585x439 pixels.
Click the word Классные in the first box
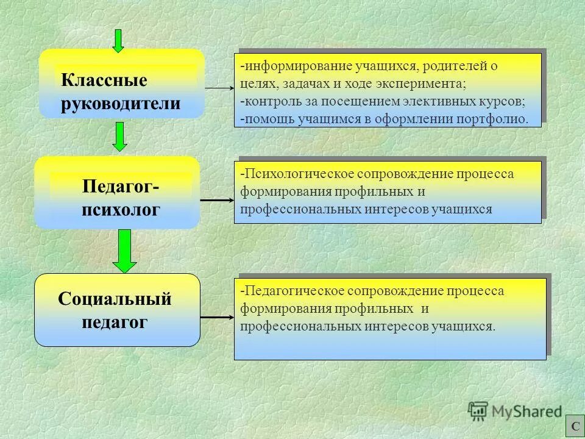point(104,80)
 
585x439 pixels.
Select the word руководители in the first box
point(121,103)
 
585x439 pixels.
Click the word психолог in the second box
point(121,209)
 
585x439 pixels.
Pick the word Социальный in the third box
point(115,299)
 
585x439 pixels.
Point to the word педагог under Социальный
point(115,322)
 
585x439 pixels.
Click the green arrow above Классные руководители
point(119,40)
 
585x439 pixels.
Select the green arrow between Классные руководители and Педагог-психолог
point(121,137)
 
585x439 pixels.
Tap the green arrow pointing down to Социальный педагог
point(125,251)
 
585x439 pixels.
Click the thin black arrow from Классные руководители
point(219,88)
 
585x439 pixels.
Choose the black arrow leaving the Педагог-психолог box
point(216,199)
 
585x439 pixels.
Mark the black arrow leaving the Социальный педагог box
point(216,318)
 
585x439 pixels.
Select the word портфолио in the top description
point(497,118)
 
